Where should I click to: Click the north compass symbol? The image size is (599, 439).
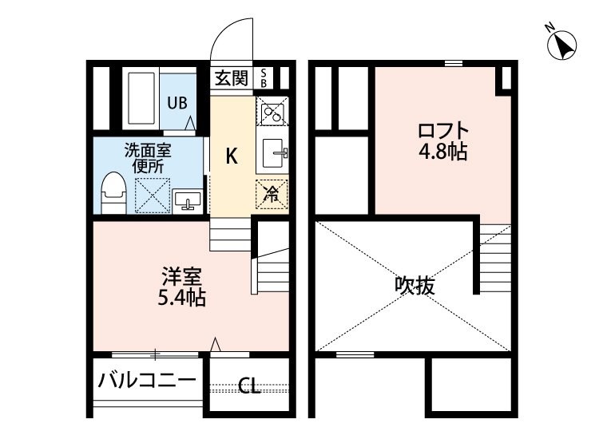click(561, 45)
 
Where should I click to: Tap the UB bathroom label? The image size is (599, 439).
click(177, 103)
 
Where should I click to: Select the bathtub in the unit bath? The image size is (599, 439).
click(141, 98)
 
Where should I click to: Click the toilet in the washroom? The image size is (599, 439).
click(113, 193)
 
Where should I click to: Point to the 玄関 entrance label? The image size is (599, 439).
click(232, 79)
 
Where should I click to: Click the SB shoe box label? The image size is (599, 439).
click(264, 79)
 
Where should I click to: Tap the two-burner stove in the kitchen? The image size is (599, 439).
click(272, 110)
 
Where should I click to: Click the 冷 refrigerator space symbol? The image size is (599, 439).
click(272, 194)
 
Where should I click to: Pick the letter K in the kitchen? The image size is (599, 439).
click(232, 156)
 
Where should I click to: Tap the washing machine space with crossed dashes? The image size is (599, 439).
click(153, 196)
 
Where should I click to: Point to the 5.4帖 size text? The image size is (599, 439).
click(182, 298)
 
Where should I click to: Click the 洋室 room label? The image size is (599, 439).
click(182, 277)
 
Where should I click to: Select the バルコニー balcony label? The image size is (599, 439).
click(147, 380)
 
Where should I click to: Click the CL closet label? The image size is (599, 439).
click(249, 386)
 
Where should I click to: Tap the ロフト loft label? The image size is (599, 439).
click(443, 131)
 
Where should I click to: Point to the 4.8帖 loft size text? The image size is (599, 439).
click(443, 152)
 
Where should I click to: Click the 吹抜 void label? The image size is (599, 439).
click(415, 285)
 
